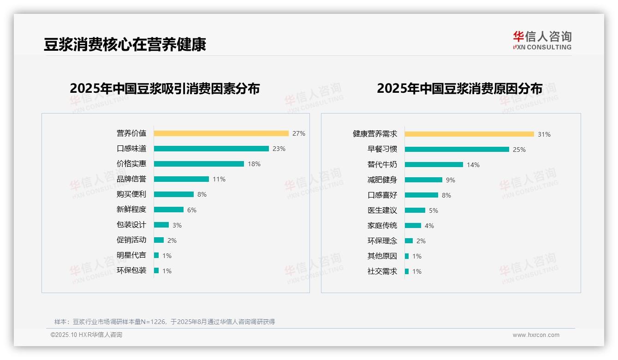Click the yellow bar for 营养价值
coord(221,133)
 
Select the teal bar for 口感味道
coord(211,149)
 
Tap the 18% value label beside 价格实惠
coord(254,164)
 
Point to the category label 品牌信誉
coord(131,179)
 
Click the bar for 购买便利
coord(174,194)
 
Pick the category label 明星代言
coord(131,255)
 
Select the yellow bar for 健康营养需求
coord(469,134)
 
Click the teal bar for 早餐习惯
coord(457,150)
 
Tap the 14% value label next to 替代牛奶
coord(473,165)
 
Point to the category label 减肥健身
coord(382,180)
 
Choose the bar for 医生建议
coord(415,210)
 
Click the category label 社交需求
coord(382,271)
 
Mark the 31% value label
coord(544,134)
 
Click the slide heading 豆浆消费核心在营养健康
coord(125,44)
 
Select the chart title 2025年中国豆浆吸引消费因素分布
coord(165,88)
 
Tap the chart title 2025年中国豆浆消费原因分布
coord(459,88)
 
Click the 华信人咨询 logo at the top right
coord(542,41)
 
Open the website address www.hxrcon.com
coord(536,335)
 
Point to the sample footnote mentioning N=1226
coord(165,322)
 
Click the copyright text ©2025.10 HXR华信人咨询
coord(86,335)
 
